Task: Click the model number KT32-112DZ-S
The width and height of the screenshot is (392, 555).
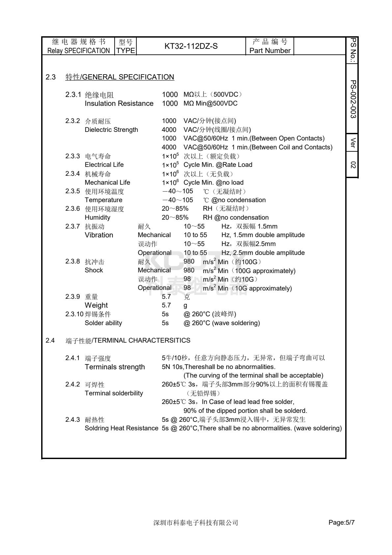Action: click(191, 46)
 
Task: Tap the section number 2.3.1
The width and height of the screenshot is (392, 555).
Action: click(73, 95)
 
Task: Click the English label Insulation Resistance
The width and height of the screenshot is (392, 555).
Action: click(119, 104)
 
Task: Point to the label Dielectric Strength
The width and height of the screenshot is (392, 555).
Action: click(111, 130)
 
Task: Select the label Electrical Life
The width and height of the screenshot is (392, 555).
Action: click(104, 165)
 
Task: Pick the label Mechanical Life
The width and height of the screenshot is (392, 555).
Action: click(107, 182)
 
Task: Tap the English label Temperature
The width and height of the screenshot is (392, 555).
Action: click(103, 200)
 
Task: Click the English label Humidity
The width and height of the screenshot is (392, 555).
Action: click(98, 217)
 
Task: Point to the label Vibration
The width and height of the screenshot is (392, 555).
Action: click(99, 235)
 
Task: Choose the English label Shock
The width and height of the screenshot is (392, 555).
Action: click(94, 270)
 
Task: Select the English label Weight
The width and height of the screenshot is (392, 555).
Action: click(96, 305)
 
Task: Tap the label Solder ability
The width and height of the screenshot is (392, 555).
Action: click(103, 323)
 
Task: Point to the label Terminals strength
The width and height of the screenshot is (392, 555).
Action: click(115, 367)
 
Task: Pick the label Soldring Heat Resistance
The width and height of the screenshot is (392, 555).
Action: click(122, 428)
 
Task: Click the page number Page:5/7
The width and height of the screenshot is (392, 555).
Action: click(342, 523)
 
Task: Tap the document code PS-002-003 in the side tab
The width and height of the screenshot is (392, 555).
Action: click(353, 99)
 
